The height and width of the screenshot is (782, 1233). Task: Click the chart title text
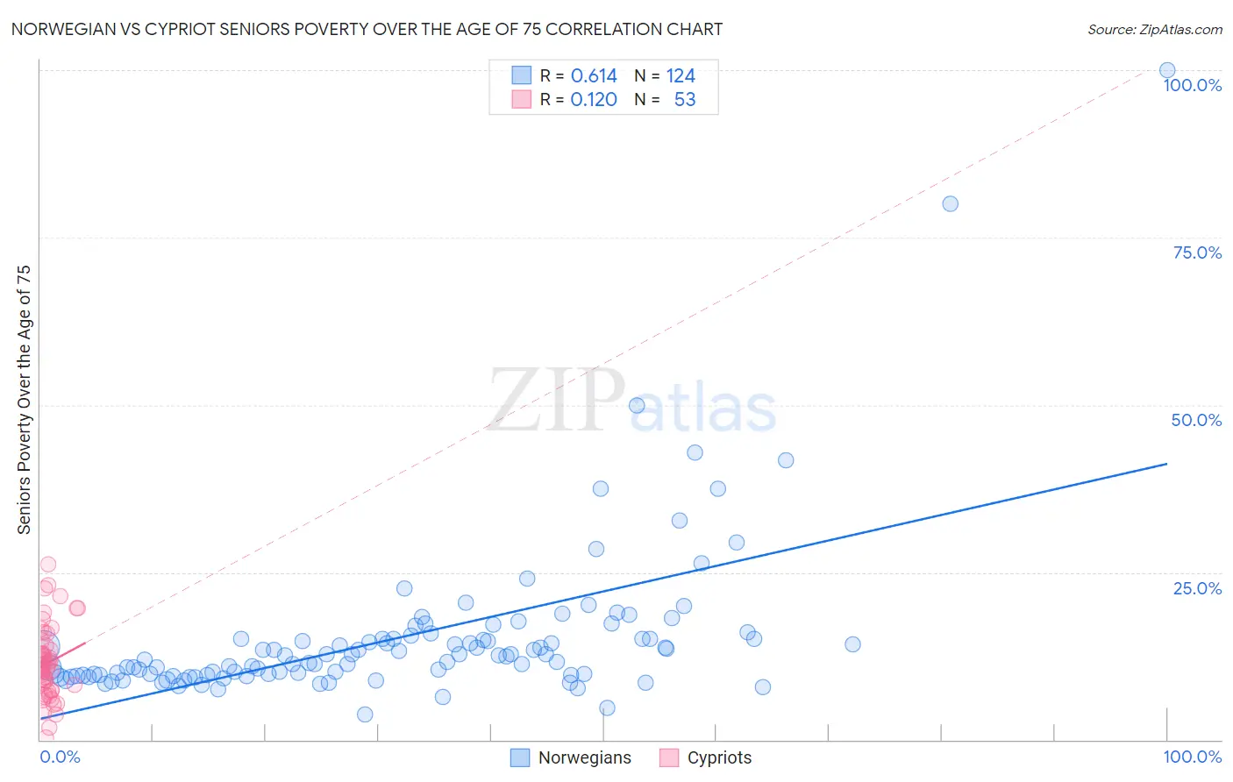pyautogui.click(x=367, y=30)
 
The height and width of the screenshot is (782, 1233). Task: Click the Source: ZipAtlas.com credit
pyautogui.click(x=1154, y=30)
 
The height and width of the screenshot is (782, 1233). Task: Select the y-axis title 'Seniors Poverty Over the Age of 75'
pyautogui.click(x=25, y=399)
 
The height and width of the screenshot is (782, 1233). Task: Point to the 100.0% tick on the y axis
pyautogui.click(x=1192, y=85)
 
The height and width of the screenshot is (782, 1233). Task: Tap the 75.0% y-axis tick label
pyautogui.click(x=1196, y=252)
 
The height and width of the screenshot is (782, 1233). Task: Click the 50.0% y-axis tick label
pyautogui.click(x=1196, y=420)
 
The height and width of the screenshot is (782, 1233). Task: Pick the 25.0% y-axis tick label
pyautogui.click(x=1196, y=588)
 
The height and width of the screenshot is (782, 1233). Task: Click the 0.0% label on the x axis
pyautogui.click(x=60, y=757)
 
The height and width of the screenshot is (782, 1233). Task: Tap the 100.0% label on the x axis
pyautogui.click(x=1192, y=757)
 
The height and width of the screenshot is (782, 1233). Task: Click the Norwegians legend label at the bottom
pyautogui.click(x=584, y=757)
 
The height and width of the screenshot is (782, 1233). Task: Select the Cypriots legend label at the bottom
pyautogui.click(x=719, y=757)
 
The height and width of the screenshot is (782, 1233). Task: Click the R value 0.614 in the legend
pyautogui.click(x=594, y=76)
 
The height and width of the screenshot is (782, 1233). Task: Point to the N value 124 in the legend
pyautogui.click(x=681, y=76)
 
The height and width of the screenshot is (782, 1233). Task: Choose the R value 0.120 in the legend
pyautogui.click(x=594, y=100)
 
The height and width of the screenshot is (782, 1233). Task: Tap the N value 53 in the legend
pyautogui.click(x=684, y=100)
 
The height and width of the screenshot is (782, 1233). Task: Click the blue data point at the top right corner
pyautogui.click(x=1167, y=70)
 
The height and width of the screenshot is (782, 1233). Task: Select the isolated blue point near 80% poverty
pyautogui.click(x=950, y=203)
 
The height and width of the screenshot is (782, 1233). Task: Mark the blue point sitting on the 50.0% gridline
pyautogui.click(x=637, y=405)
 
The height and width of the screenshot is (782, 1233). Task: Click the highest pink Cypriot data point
pyautogui.click(x=48, y=564)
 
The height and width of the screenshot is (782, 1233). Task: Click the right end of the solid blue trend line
pyautogui.click(x=1166, y=463)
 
